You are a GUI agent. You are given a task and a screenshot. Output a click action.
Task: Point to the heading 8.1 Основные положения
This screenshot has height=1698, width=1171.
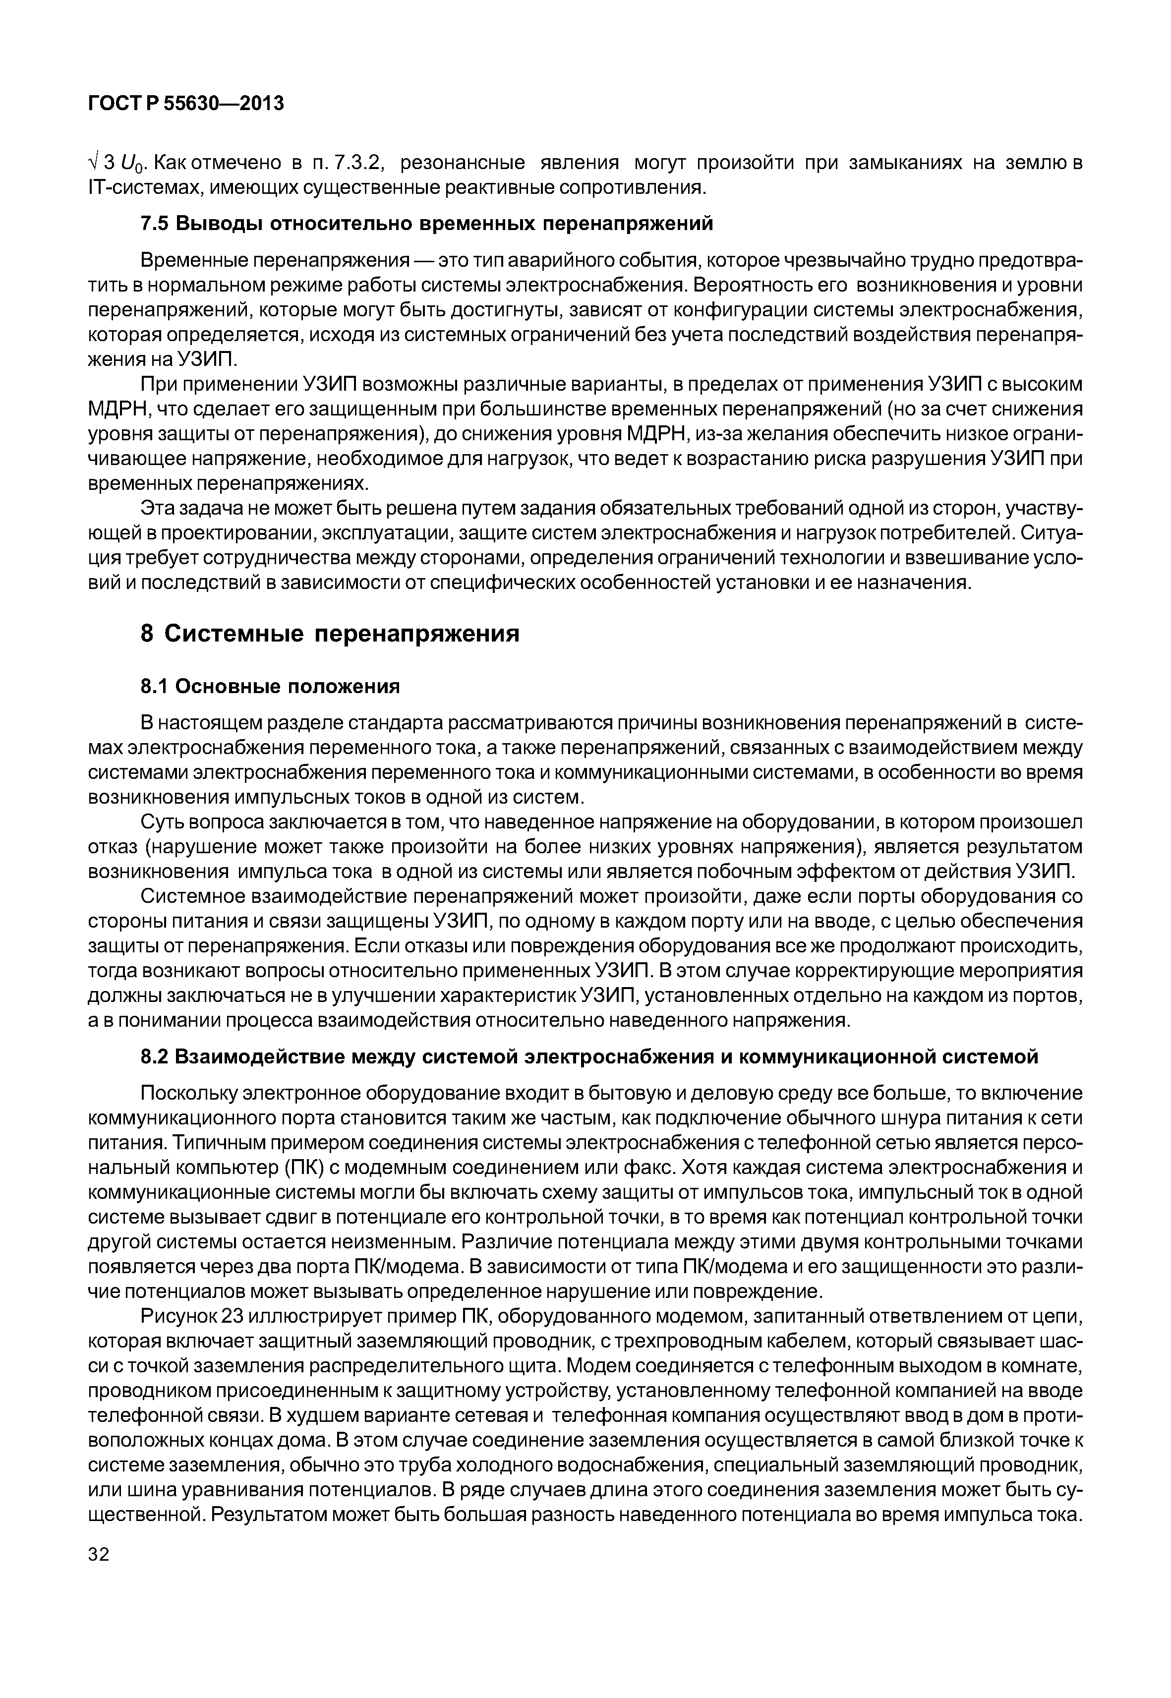[270, 686]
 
